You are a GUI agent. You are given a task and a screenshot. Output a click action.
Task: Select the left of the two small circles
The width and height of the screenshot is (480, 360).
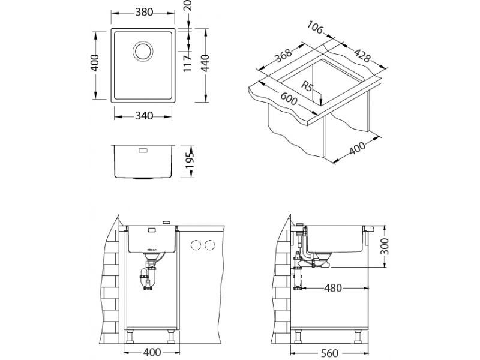(195, 245)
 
